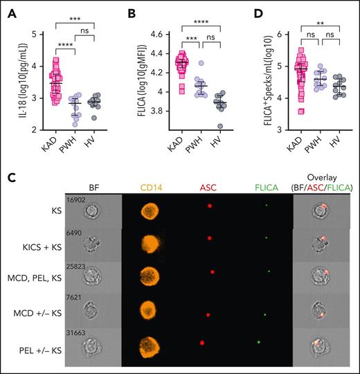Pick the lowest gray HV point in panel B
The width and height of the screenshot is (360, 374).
pyautogui.click(x=220, y=126)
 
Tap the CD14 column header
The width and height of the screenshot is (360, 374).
pyautogui.click(x=153, y=186)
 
